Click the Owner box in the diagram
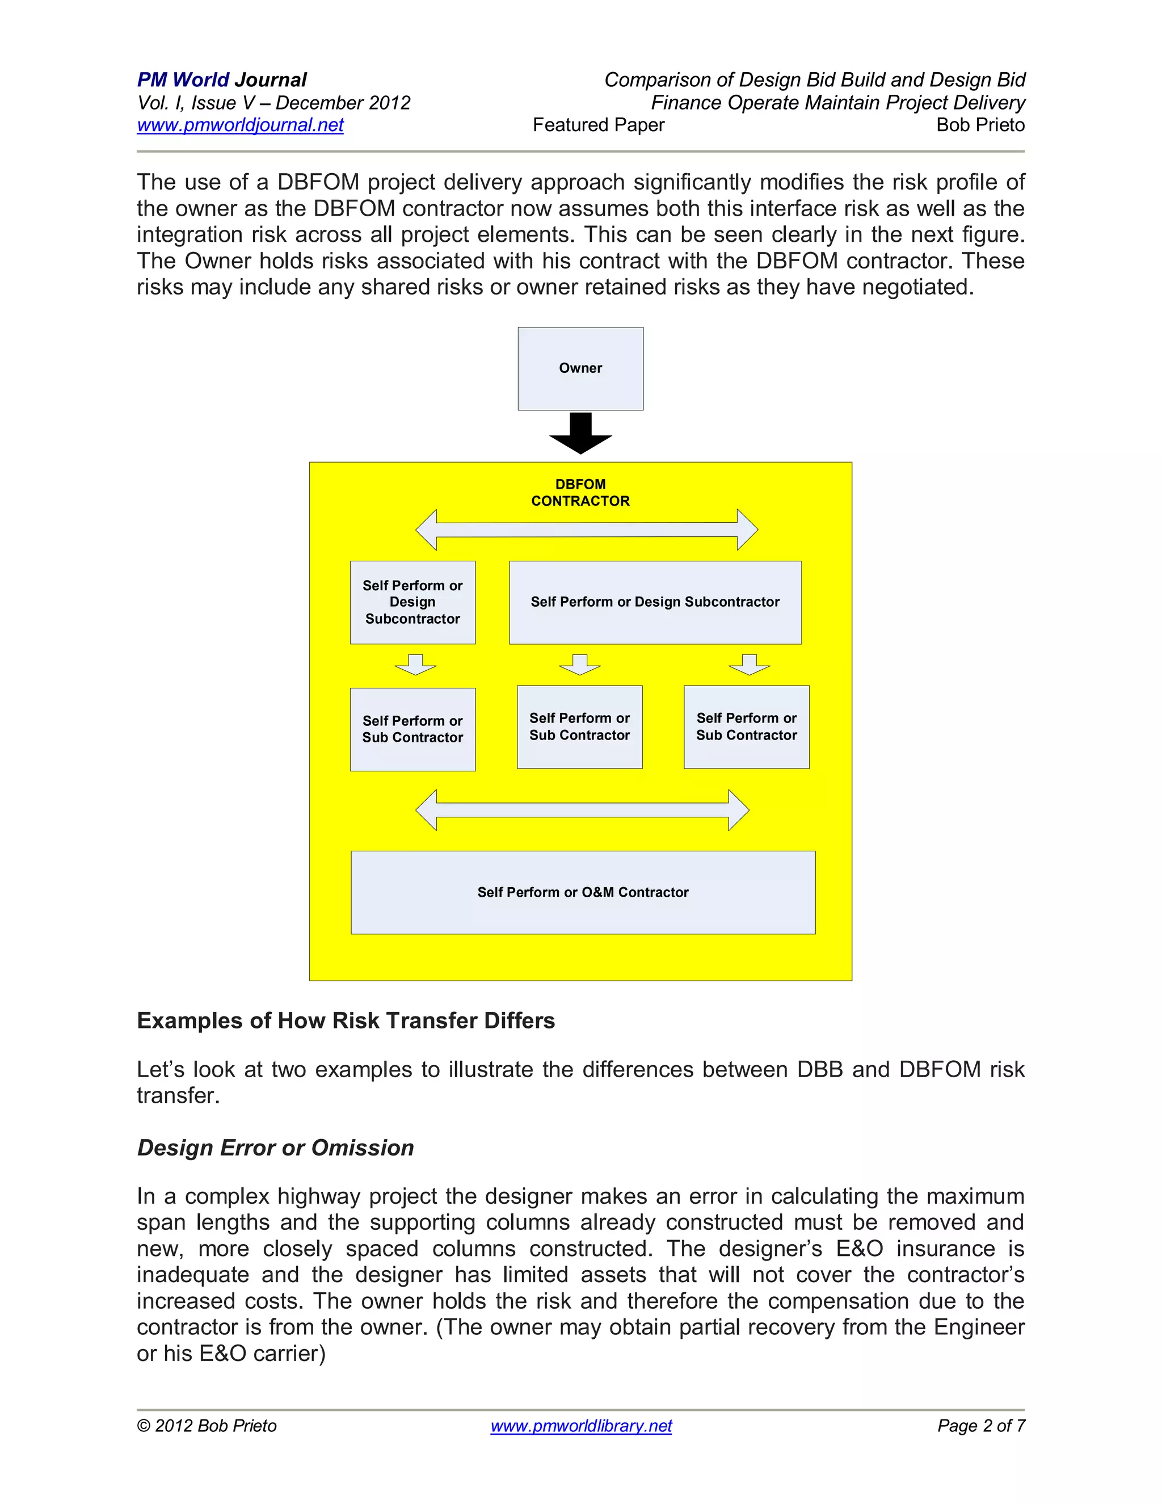pos(580,368)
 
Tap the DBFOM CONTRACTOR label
pos(580,493)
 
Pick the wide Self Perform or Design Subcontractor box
pos(655,602)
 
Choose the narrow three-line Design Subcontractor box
pos(412,602)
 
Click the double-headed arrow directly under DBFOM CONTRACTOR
pos(587,530)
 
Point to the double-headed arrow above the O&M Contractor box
pos(582,810)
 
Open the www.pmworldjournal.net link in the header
pos(240,125)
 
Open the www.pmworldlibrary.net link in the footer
pos(581,1426)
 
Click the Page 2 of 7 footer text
pos(981,1426)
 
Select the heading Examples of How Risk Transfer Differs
pos(346,1020)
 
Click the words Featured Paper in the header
pos(598,125)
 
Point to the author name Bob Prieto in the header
pos(980,125)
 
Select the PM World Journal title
pos(222,80)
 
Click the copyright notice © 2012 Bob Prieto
pos(207,1426)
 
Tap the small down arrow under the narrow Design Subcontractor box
pos(415,665)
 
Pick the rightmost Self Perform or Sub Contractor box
pos(746,726)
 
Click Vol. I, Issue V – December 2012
pos(274,103)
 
